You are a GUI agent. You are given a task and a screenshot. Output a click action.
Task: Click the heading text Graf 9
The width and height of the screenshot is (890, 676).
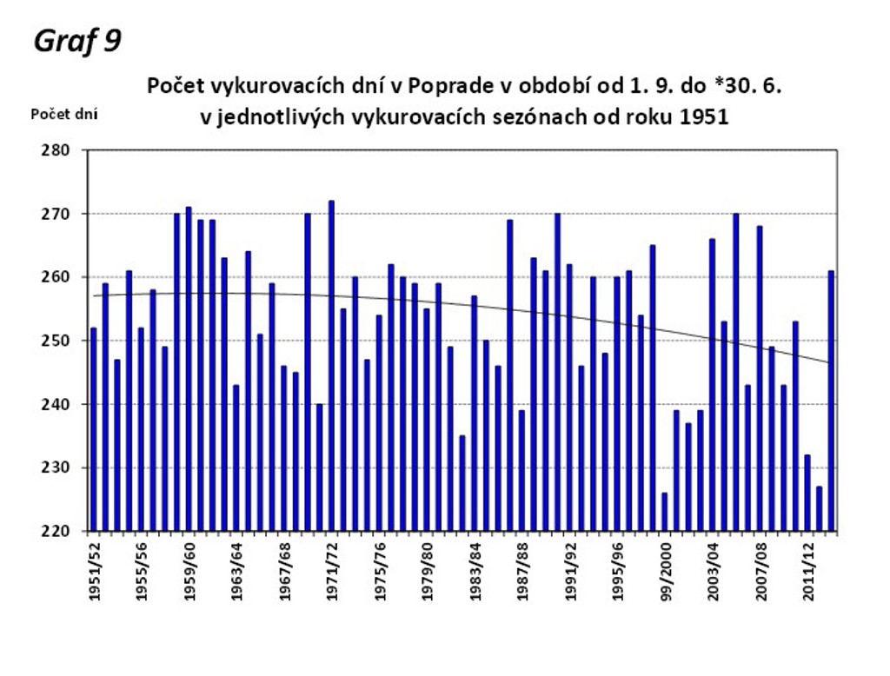pyautogui.click(x=76, y=41)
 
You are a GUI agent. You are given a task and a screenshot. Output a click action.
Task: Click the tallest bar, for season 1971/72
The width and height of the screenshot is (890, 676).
pyautogui.click(x=331, y=366)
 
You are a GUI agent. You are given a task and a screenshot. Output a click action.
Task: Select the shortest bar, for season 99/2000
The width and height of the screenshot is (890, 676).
pyautogui.click(x=665, y=512)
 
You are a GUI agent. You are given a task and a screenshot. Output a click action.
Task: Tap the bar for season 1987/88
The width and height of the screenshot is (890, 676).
pyautogui.click(x=521, y=470)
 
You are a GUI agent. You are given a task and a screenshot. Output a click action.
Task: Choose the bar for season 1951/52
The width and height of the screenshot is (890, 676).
pyautogui.click(x=94, y=429)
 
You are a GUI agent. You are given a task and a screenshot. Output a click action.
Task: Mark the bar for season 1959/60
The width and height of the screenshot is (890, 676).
pyautogui.click(x=189, y=369)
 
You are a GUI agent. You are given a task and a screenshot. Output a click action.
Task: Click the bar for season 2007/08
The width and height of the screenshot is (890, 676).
pyautogui.click(x=760, y=379)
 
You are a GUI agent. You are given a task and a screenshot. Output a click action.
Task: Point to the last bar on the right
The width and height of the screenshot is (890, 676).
pyautogui.click(x=831, y=401)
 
